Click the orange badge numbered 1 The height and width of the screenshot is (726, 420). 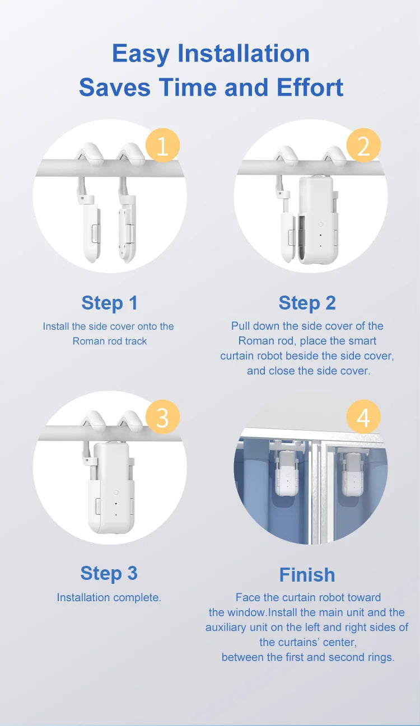click(162, 146)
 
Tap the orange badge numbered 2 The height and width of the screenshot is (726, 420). click(363, 146)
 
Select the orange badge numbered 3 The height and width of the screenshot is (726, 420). click(162, 418)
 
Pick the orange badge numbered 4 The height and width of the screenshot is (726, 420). click(363, 418)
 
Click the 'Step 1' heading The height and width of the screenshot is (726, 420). click(109, 303)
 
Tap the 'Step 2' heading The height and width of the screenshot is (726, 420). click(307, 303)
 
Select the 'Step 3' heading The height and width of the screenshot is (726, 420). click(109, 573)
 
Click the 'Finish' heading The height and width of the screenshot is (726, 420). click(307, 575)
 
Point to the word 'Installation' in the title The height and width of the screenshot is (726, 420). click(243, 54)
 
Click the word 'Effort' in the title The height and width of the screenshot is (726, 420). click(310, 88)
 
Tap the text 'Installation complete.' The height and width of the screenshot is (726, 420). click(109, 597)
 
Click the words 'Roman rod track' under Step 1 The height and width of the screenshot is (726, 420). click(110, 341)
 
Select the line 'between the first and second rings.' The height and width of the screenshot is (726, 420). click(308, 657)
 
